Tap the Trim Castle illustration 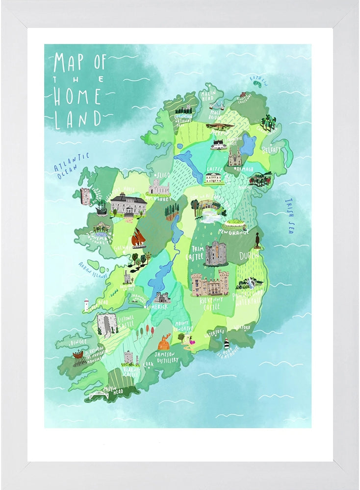(216, 253)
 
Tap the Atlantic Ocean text (72, 163)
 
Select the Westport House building (128, 204)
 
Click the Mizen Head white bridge (99, 395)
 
